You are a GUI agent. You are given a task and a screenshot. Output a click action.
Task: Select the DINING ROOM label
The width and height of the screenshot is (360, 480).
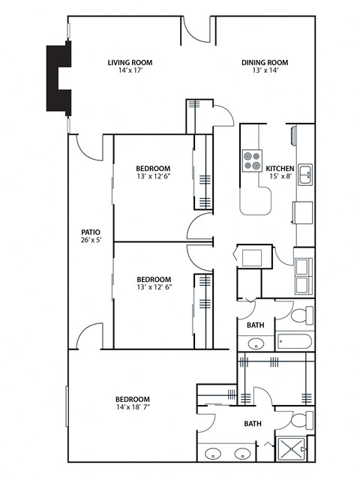click(x=264, y=62)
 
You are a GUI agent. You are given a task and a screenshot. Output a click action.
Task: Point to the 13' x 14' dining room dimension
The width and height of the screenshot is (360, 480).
click(x=264, y=72)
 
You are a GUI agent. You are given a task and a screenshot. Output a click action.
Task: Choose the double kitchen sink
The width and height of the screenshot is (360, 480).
click(x=305, y=175)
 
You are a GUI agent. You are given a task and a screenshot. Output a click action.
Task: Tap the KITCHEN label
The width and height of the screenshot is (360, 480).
click(x=280, y=168)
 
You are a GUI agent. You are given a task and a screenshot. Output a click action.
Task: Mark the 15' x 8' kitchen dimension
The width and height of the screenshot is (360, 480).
click(x=280, y=177)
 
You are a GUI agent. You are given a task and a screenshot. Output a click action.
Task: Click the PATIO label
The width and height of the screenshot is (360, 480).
click(x=91, y=232)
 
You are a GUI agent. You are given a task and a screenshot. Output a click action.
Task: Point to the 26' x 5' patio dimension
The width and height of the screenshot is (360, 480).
click(x=91, y=241)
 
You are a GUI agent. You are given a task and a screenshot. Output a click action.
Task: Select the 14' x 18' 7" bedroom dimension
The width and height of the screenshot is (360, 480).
click(x=132, y=409)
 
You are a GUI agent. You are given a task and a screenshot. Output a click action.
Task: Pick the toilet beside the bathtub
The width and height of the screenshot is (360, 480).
click(x=301, y=314)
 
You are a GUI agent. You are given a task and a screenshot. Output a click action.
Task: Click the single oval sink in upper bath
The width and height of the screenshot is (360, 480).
click(x=256, y=344)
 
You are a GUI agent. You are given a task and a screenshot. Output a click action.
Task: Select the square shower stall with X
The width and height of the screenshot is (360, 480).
click(x=294, y=448)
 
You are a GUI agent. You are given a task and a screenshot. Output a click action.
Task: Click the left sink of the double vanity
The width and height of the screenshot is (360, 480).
click(x=213, y=454)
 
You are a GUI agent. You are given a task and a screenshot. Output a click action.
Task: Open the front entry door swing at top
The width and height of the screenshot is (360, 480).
click(x=196, y=30)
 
